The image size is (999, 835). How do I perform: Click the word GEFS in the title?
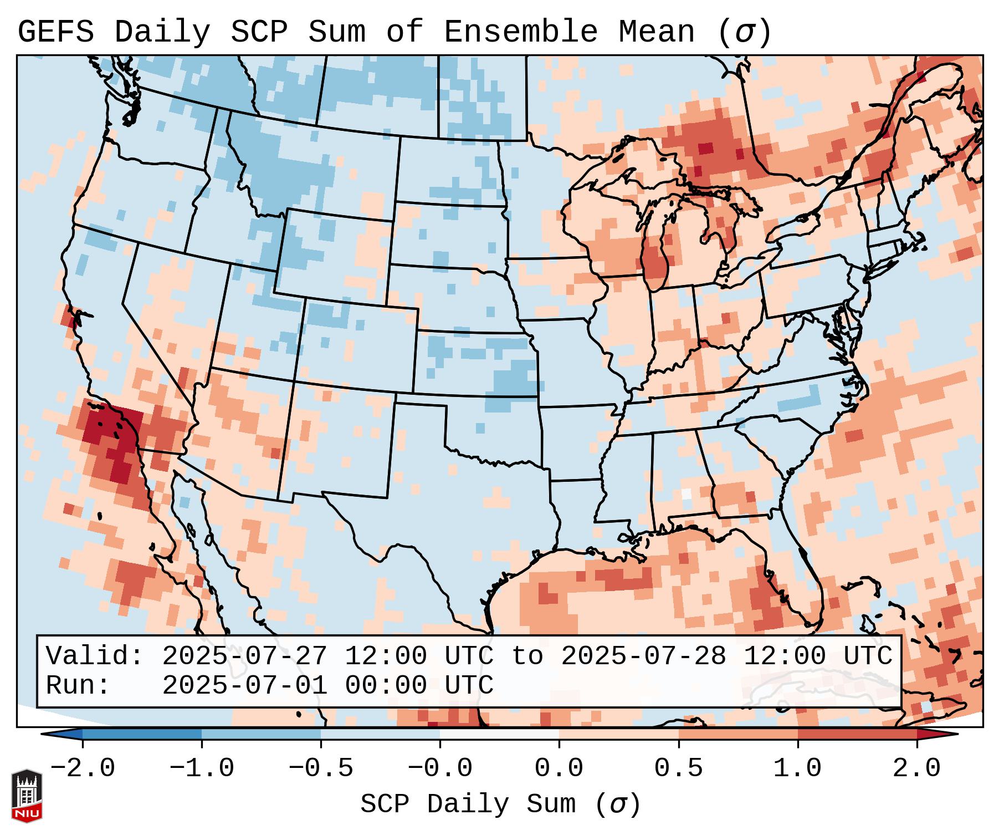tap(56, 32)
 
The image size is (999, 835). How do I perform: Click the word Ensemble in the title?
tap(520, 32)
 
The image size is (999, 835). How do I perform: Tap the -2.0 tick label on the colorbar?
tap(83, 768)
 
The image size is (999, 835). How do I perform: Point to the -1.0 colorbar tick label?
tap(202, 768)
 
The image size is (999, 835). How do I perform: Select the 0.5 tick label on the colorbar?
tap(678, 768)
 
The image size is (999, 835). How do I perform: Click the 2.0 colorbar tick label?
tap(916, 768)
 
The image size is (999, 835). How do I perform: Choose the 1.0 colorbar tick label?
tap(797, 768)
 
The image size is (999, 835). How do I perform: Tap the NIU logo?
tap(27, 795)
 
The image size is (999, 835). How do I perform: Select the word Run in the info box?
tap(71, 685)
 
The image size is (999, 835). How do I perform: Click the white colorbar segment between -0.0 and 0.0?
tap(499, 734)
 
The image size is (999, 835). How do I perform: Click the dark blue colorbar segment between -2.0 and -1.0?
tap(142, 734)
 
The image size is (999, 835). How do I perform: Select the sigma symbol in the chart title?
tap(744, 33)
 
